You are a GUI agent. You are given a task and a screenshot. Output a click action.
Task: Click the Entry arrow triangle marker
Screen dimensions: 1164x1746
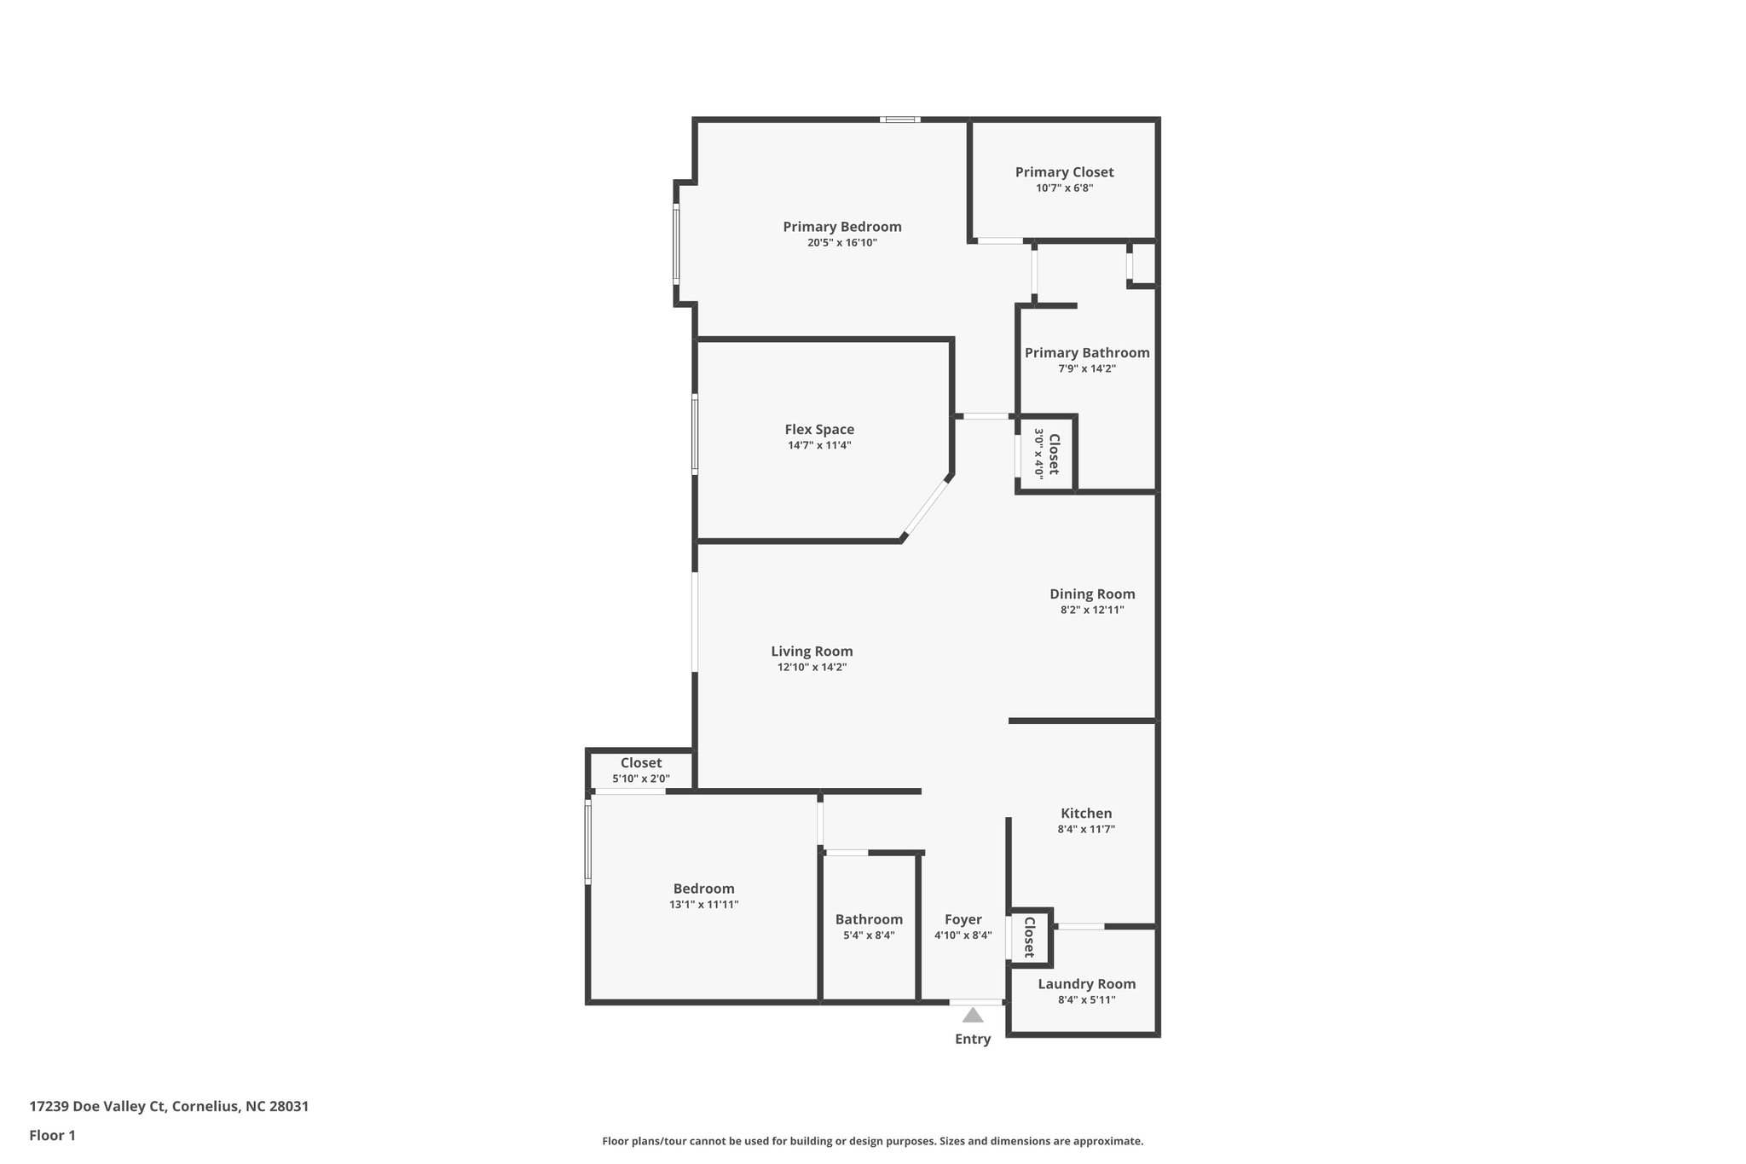pos(973,1016)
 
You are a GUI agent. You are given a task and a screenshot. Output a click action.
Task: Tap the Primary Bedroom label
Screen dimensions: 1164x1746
pos(842,227)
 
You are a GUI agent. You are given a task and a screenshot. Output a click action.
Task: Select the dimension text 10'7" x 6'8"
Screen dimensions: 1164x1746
pos(1064,188)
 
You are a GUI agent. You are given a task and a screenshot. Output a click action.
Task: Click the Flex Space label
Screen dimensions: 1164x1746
pos(819,430)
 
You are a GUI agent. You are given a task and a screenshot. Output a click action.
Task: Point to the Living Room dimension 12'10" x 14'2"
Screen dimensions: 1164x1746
pos(812,668)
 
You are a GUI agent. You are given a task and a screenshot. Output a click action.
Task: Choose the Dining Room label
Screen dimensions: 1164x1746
pos(1092,594)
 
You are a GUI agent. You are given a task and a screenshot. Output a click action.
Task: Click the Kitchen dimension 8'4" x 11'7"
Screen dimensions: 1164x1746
pos(1086,829)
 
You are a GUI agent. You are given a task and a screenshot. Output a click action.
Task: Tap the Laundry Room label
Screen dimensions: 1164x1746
pos(1086,984)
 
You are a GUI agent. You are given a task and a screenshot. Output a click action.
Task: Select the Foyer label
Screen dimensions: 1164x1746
pos(963,920)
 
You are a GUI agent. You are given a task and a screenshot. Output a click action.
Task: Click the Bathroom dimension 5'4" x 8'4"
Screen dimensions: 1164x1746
pos(869,935)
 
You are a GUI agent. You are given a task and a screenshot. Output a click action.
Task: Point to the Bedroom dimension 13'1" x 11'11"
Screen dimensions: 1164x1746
pos(703,905)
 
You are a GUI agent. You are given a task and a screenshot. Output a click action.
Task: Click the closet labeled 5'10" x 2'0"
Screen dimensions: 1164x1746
pos(641,771)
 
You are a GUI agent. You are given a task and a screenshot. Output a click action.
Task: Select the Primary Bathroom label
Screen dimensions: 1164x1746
pos(1087,353)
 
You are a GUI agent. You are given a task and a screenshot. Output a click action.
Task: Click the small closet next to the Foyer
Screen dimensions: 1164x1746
pos(1029,937)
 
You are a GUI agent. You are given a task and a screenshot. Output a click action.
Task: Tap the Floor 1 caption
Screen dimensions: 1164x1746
pos(52,1135)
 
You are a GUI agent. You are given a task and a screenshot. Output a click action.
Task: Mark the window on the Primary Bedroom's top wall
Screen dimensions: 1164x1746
pos(900,119)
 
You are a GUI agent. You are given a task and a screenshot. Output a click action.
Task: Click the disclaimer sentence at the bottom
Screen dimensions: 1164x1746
pos(872,1141)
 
